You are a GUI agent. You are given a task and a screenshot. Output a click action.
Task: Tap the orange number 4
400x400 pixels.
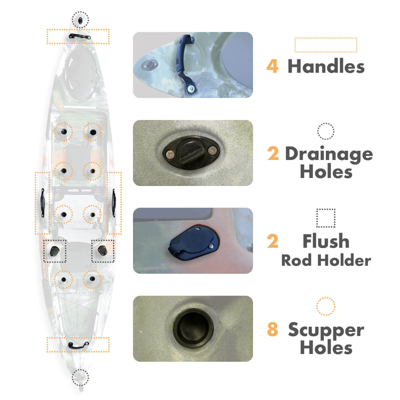272,66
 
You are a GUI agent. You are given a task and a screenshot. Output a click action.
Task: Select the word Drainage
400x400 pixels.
329,154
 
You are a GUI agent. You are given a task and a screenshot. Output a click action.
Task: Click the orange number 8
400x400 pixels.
272,329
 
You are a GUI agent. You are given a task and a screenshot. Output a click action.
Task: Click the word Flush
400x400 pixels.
326,241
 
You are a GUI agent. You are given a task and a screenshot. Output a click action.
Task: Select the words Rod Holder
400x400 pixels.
326,261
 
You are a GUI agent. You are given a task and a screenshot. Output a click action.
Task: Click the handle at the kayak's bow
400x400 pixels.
79,36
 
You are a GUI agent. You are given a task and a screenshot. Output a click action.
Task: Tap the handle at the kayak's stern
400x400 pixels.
78,345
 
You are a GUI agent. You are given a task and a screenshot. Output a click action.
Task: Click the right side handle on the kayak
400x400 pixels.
114,203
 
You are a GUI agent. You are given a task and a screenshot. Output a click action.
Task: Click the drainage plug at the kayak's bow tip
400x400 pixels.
80,19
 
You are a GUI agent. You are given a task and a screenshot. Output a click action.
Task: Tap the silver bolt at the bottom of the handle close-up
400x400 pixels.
191,88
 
